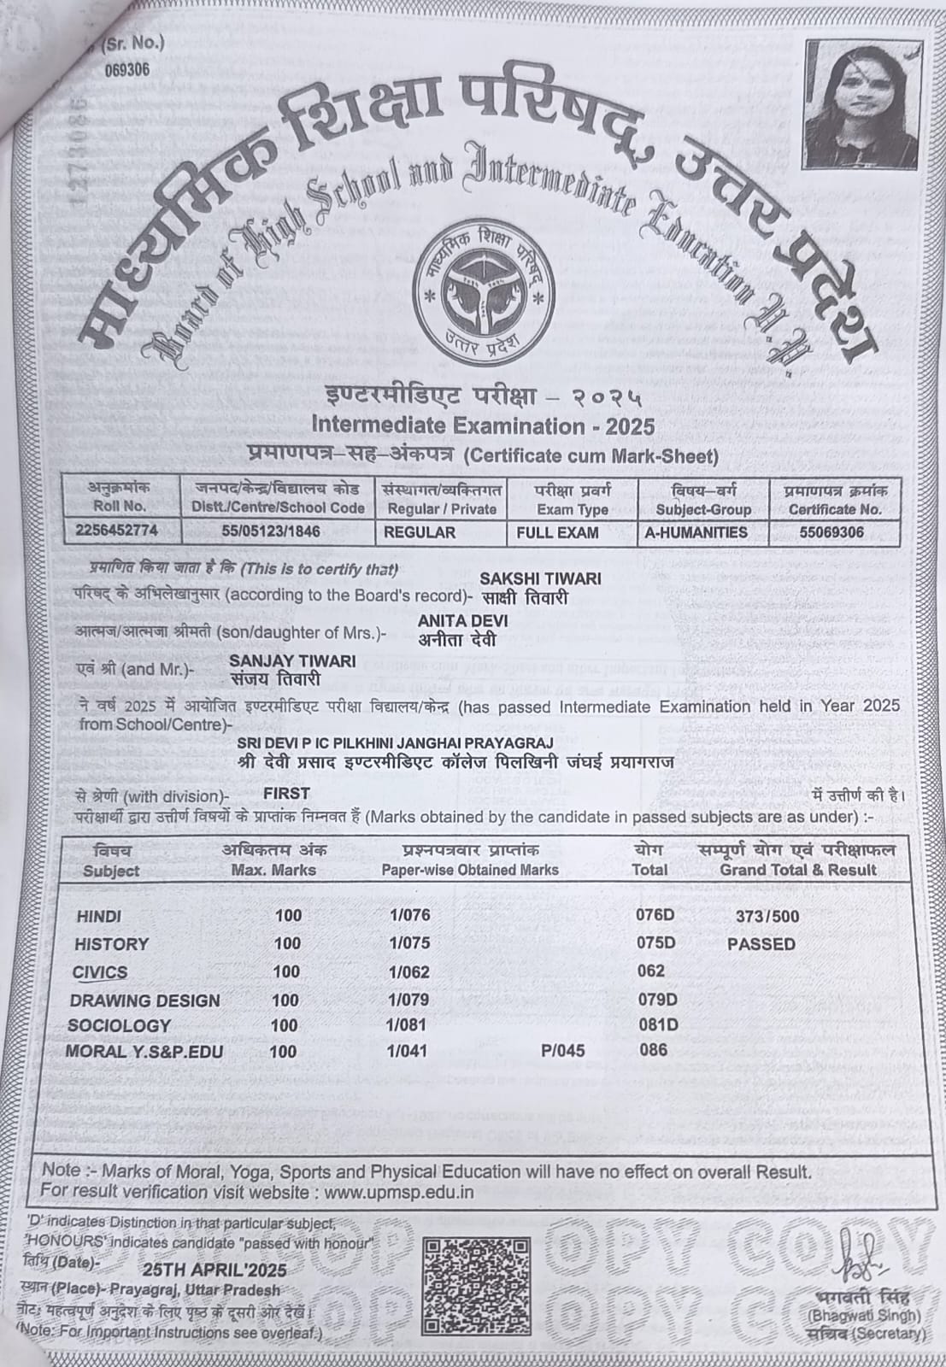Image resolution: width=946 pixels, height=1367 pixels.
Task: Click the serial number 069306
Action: (126, 71)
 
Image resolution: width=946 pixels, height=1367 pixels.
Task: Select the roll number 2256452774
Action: (116, 531)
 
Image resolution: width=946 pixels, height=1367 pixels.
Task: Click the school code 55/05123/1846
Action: (271, 531)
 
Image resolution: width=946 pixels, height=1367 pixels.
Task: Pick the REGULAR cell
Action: (420, 531)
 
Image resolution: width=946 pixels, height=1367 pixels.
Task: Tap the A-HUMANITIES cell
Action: (696, 531)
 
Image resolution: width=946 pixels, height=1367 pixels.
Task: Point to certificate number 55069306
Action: (826, 531)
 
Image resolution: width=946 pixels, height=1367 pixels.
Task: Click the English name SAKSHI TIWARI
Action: (540, 578)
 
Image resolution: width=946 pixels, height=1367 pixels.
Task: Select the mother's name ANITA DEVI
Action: (463, 620)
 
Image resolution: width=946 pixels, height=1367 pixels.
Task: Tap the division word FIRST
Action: (286, 793)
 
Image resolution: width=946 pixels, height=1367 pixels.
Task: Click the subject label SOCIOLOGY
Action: (120, 1025)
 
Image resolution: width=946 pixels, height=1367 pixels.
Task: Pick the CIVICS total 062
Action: (650, 971)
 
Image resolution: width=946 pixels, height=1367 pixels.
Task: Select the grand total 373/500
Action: (767, 917)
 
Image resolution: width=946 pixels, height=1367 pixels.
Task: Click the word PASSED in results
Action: (761, 944)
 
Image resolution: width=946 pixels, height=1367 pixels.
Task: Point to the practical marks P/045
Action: (563, 1051)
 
